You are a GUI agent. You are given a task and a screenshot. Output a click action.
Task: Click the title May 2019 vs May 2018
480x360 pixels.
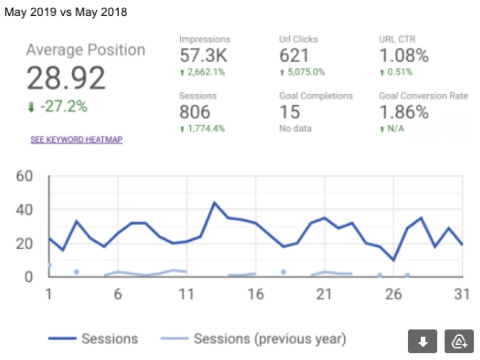tap(66, 12)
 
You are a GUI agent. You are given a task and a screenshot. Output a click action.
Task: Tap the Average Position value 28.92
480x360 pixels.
tap(66, 78)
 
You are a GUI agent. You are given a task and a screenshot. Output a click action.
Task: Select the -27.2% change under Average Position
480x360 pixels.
tap(58, 107)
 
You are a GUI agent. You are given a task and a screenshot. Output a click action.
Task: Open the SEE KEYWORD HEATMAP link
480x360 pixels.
tap(76, 140)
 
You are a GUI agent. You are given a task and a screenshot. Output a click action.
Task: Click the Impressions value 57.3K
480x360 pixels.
tap(204, 55)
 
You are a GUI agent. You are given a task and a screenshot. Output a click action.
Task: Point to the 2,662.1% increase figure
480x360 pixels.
tap(203, 72)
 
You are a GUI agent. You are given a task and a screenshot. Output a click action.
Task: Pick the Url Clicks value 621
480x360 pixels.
tap(294, 55)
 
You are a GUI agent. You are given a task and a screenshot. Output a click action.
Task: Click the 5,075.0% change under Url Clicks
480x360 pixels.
tap(302, 72)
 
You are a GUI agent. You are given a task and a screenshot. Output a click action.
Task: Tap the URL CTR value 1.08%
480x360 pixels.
tap(404, 55)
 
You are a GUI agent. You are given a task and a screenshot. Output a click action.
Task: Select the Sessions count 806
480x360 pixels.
tap(195, 112)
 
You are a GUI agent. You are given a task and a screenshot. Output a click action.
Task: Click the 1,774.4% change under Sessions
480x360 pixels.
tap(203, 129)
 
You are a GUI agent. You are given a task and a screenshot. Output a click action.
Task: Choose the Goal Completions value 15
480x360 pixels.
tap(289, 112)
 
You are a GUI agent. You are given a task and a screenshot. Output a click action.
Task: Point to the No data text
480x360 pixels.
tap(295, 129)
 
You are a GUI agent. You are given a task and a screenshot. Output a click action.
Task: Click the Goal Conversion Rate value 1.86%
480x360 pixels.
tap(404, 112)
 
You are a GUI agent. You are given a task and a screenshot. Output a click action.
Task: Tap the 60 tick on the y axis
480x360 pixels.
tap(24, 176)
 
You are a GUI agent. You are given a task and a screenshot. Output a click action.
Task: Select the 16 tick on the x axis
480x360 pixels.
tap(256, 294)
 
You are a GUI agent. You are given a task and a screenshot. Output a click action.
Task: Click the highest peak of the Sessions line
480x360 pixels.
tap(214, 203)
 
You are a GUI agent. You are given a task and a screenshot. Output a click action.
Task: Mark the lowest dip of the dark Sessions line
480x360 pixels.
tap(394, 260)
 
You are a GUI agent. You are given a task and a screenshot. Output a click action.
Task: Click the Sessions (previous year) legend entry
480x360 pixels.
tap(253, 339)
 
